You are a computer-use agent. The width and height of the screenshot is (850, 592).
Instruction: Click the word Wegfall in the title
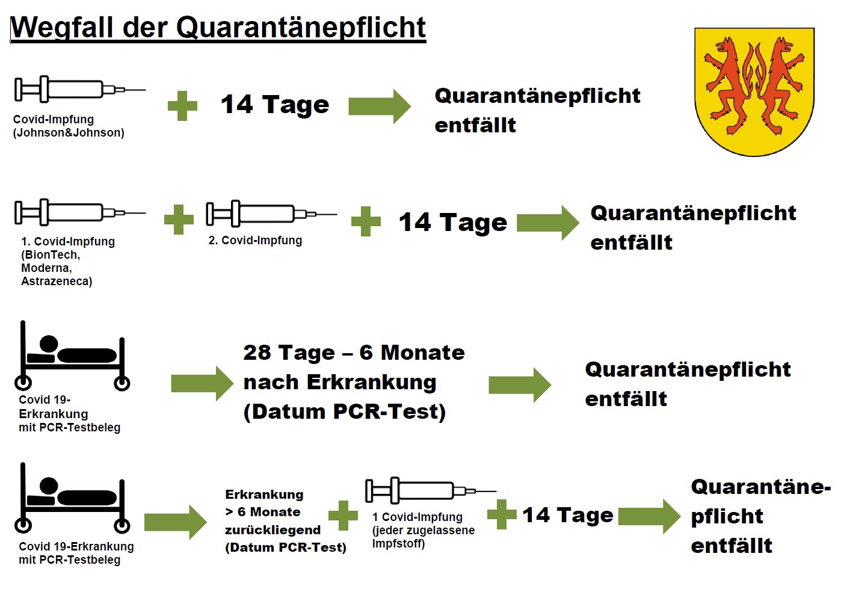pos(61,27)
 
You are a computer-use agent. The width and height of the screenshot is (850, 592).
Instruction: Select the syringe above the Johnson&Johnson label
pos(80,89)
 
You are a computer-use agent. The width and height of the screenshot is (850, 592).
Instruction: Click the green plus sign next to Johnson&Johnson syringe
pos(182,106)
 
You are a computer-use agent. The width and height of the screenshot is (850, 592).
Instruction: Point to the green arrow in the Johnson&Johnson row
pos(380,106)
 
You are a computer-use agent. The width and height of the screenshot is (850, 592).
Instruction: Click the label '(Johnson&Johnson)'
pos(69,132)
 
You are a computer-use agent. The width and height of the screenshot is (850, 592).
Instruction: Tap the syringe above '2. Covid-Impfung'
pos(271,214)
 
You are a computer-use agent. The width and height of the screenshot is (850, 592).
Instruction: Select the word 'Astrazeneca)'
pos(57,281)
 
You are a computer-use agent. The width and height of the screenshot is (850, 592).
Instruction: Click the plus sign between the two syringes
pos(179,220)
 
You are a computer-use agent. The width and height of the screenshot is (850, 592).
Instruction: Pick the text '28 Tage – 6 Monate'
pos(354,353)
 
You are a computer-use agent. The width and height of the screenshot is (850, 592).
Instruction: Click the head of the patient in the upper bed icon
pos(49,344)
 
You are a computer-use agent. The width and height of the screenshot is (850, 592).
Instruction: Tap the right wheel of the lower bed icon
pos(122,526)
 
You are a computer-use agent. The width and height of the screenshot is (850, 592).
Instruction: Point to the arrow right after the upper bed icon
pos(202,383)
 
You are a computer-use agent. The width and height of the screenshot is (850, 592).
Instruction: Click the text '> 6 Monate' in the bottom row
pos(263,512)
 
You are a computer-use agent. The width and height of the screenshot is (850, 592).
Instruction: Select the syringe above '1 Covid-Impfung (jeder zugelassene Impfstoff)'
pos(431,490)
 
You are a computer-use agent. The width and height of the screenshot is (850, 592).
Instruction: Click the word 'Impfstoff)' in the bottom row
pos(398,544)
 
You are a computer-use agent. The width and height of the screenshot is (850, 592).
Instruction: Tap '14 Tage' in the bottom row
pos(568,515)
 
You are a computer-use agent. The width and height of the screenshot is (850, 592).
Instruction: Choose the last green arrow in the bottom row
pos(649,516)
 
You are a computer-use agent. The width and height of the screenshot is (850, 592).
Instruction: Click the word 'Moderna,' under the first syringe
pos(46,268)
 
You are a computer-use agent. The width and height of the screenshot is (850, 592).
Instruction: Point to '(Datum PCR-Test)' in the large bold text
pos(345,412)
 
